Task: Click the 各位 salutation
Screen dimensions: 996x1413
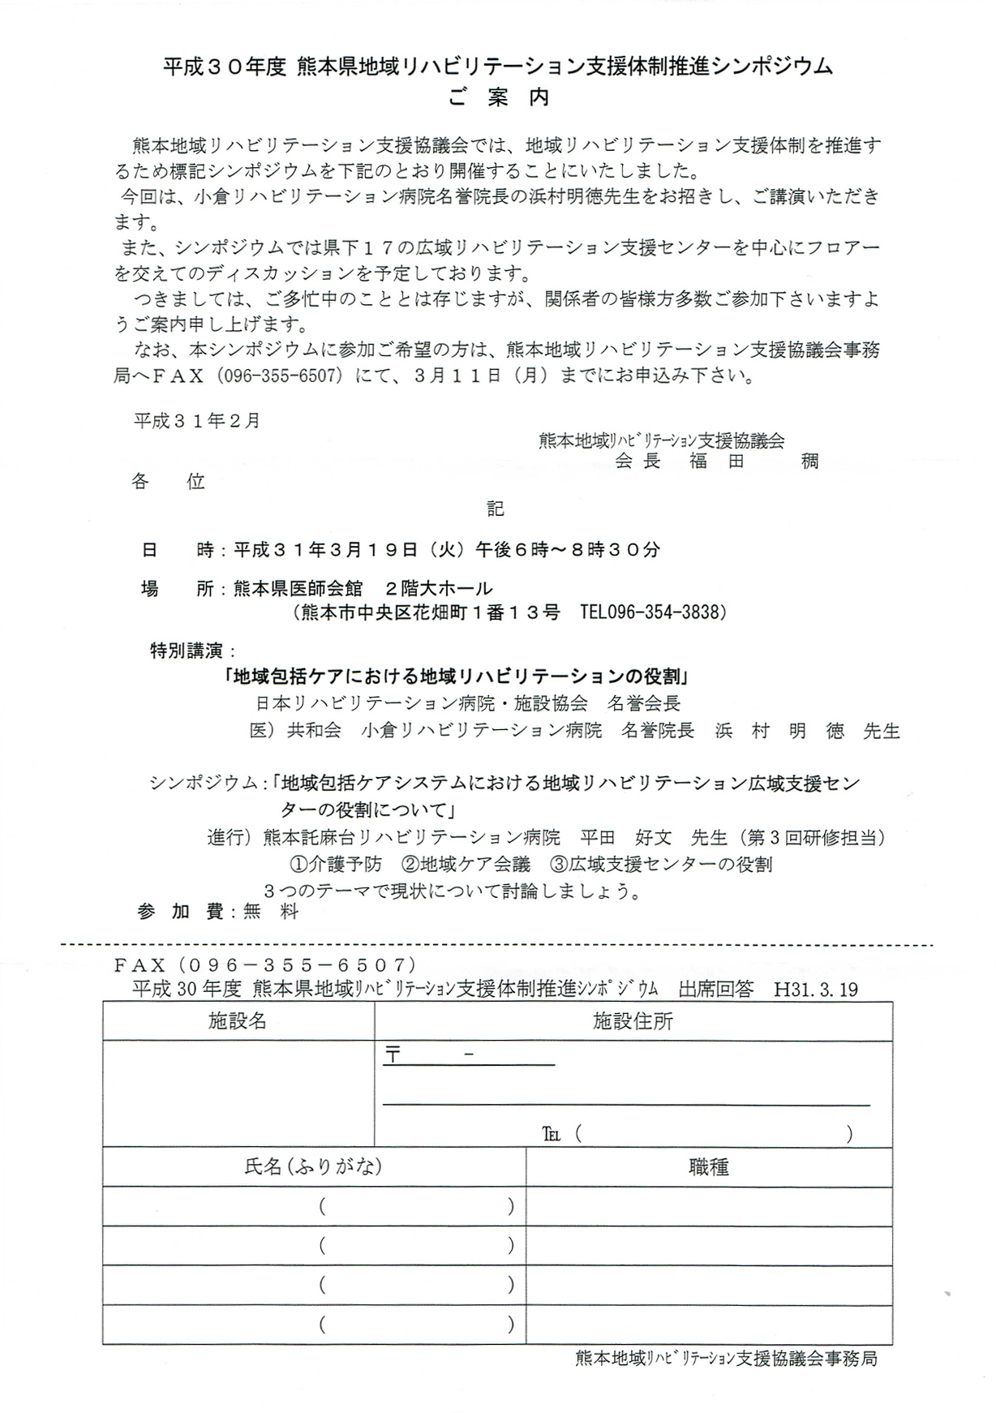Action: [x=168, y=481]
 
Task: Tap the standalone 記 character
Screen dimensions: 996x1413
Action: [x=496, y=509]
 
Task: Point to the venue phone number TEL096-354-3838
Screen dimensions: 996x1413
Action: [x=653, y=612]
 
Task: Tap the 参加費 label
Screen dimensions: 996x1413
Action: [x=181, y=912]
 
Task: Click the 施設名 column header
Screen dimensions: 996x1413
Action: [x=238, y=1021]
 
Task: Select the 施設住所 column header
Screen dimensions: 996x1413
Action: [x=633, y=1021]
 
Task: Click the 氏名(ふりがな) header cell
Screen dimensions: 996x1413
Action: [x=313, y=1166]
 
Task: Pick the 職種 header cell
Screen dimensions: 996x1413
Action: [x=708, y=1166]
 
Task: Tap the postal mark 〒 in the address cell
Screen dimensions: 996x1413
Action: [x=393, y=1055]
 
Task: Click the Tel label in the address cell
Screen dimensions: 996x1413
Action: [x=552, y=1134]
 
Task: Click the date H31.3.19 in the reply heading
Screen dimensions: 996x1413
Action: [x=816, y=990]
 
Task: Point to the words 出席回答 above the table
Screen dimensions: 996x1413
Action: [x=716, y=990]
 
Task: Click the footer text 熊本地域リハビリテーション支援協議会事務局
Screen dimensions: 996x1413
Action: [x=726, y=1359]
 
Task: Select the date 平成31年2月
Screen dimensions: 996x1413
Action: [x=197, y=421]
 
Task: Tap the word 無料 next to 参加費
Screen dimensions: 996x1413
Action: [x=271, y=912]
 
